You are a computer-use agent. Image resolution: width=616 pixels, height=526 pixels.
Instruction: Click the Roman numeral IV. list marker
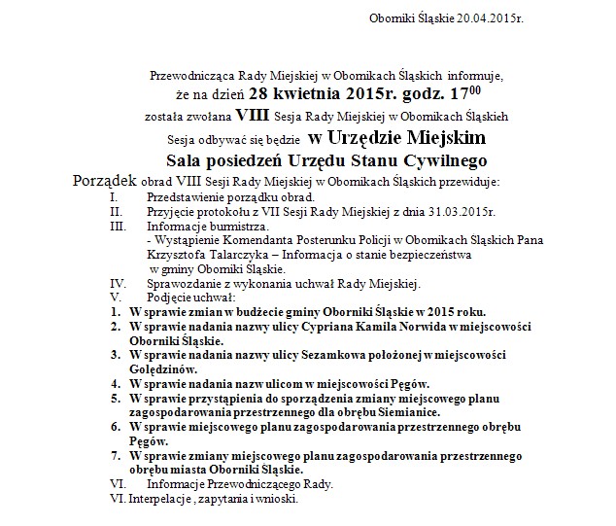point(118,283)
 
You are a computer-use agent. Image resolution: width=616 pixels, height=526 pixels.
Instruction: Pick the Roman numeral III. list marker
point(118,226)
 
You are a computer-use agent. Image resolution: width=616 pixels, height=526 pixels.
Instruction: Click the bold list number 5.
point(114,398)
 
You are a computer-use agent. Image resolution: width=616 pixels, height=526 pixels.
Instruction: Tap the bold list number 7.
point(114,455)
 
